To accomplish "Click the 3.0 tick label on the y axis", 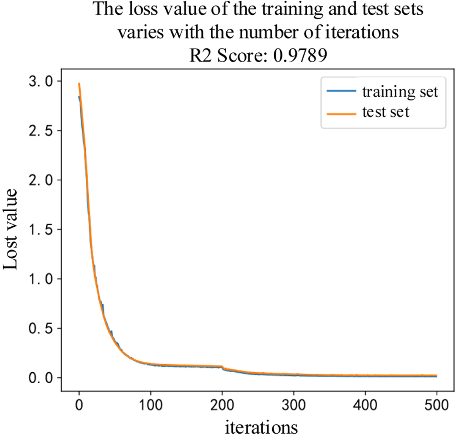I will (41, 81).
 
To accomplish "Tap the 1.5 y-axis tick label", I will (41, 229).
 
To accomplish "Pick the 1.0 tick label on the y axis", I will (41, 279).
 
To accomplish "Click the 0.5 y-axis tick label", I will (41, 328).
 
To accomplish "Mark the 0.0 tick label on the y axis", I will (41, 378).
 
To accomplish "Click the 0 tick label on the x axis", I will (79, 405).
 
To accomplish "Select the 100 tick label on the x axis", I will (151, 405).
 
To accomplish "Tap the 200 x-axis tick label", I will (222, 405).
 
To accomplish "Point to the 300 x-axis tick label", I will (294, 405).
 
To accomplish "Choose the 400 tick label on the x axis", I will (366, 405).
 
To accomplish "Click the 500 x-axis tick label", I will (437, 405).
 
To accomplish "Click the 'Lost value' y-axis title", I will (11, 229).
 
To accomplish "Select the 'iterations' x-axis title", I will (261, 427).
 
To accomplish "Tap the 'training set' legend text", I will (400, 92).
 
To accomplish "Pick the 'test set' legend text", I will (386, 112).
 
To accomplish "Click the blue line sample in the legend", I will (341, 91).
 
